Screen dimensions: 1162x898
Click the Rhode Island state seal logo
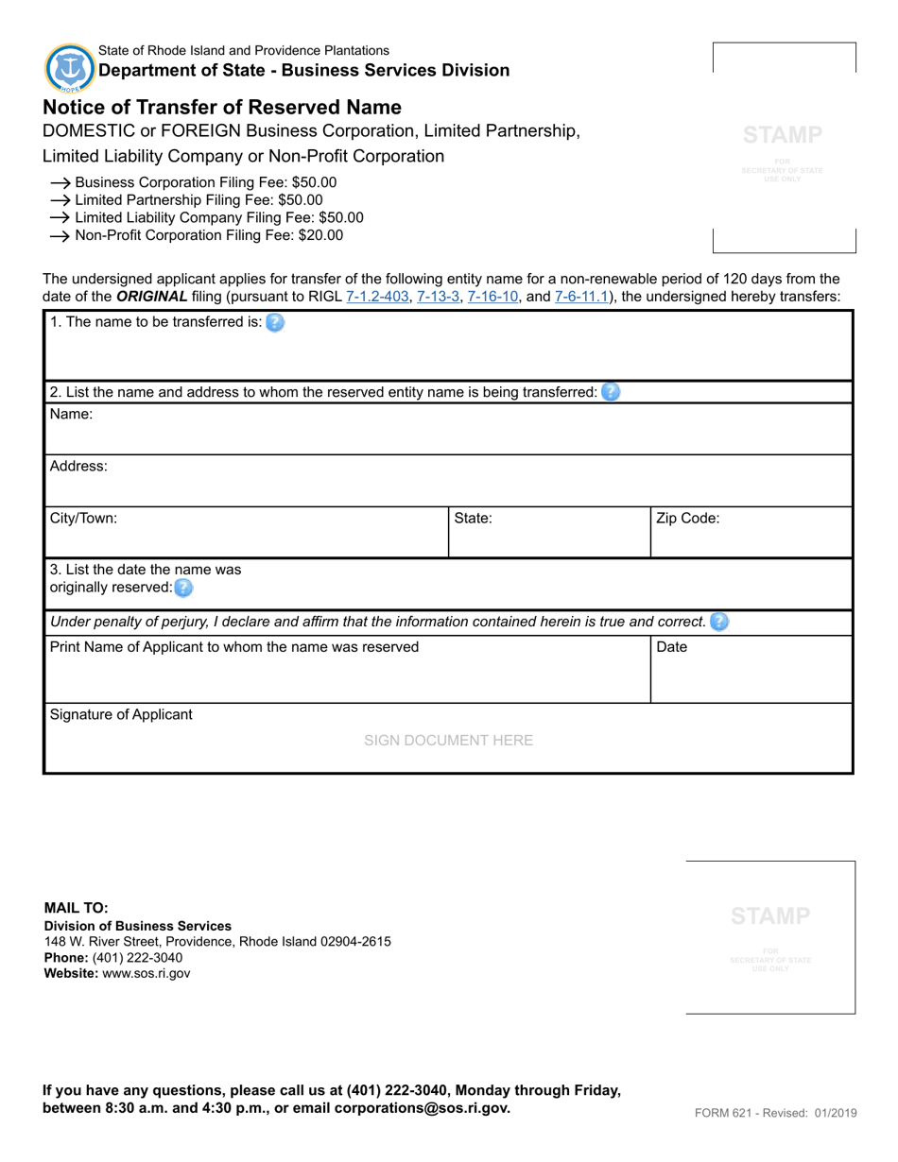pyautogui.click(x=70, y=68)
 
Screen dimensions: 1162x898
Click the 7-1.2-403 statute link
pyautogui.click(x=377, y=297)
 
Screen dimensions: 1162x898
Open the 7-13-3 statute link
pyautogui.click(x=438, y=297)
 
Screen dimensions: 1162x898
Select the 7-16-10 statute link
pyautogui.click(x=492, y=297)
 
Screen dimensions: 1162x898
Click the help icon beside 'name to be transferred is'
pyautogui.click(x=274, y=322)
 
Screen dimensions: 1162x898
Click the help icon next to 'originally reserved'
pyautogui.click(x=183, y=588)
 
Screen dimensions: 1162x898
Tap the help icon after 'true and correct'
pyautogui.click(x=719, y=622)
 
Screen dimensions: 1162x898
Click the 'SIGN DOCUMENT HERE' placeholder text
pyautogui.click(x=448, y=741)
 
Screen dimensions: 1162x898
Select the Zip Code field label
pyautogui.click(x=688, y=518)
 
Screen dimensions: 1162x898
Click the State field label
pyautogui.click(x=473, y=518)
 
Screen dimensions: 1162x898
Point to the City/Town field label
pyautogui.click(x=83, y=518)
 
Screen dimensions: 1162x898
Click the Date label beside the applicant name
pyautogui.click(x=671, y=647)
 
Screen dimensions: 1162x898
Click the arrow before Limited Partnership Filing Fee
pyautogui.click(x=60, y=200)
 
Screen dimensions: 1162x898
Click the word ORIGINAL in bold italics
pyautogui.click(x=151, y=297)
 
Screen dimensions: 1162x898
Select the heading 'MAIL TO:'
pyautogui.click(x=77, y=908)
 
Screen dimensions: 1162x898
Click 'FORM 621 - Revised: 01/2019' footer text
pyautogui.click(x=775, y=1113)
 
